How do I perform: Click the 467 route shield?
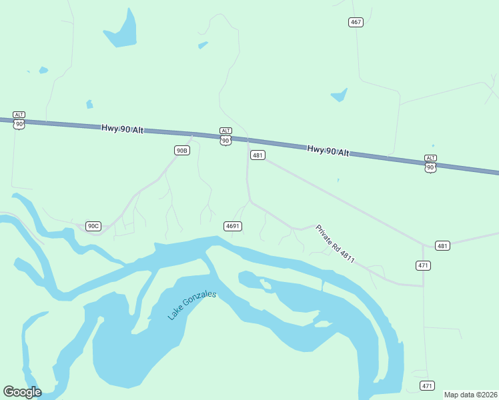click(356, 23)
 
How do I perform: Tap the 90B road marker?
click(181, 151)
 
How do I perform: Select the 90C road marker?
click(93, 226)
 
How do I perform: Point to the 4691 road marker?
click(232, 226)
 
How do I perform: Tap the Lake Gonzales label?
click(192, 305)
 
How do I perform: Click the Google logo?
click(22, 391)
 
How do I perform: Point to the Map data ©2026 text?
click(470, 395)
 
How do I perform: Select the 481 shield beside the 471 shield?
click(442, 245)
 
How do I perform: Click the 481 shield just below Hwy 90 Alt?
click(258, 155)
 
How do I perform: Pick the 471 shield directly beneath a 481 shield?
click(424, 265)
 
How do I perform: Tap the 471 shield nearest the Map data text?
click(427, 386)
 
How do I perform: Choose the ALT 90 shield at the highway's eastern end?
click(430, 163)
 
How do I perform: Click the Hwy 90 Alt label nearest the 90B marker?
click(123, 129)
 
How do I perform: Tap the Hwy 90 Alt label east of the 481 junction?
click(328, 151)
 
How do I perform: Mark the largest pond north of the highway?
click(122, 31)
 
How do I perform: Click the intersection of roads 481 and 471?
click(423, 245)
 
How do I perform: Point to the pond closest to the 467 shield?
click(339, 95)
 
